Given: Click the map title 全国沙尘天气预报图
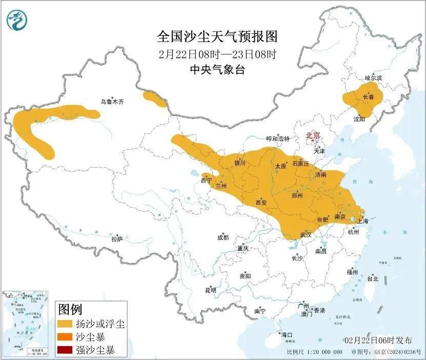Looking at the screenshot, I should (217, 37).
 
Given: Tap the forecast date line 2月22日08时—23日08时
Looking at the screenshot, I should (217, 54).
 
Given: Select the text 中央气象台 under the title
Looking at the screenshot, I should (217, 70).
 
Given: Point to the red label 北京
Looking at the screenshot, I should (313, 135).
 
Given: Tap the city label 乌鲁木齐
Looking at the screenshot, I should (112, 102).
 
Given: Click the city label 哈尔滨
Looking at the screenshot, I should (373, 78).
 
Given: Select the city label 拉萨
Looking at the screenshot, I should (117, 238).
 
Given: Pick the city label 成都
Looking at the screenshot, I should (223, 237).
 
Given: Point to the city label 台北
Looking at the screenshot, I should (372, 279).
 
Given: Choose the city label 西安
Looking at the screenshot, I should (261, 203).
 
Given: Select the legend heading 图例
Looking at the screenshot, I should (70, 309).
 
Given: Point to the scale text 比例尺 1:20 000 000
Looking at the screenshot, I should (314, 352).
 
